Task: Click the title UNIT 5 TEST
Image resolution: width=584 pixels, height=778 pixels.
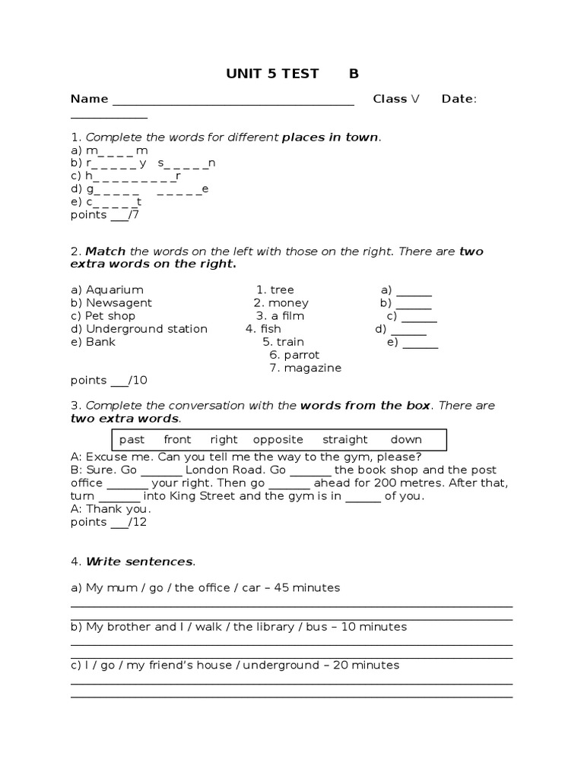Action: (272, 74)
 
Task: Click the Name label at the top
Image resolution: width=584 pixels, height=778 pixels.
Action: (89, 99)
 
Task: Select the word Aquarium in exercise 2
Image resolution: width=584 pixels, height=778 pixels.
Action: (114, 289)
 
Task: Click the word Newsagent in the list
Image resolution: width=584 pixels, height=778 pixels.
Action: (119, 302)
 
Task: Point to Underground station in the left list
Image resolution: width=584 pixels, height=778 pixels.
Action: (146, 328)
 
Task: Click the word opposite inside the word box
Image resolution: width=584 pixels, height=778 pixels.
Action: (278, 439)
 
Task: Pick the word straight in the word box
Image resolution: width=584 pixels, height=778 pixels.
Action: (344, 439)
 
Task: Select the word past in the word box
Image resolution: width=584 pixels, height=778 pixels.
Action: (132, 439)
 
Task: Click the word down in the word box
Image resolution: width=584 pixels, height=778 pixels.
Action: (406, 439)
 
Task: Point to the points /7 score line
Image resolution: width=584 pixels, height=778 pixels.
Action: (105, 214)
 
